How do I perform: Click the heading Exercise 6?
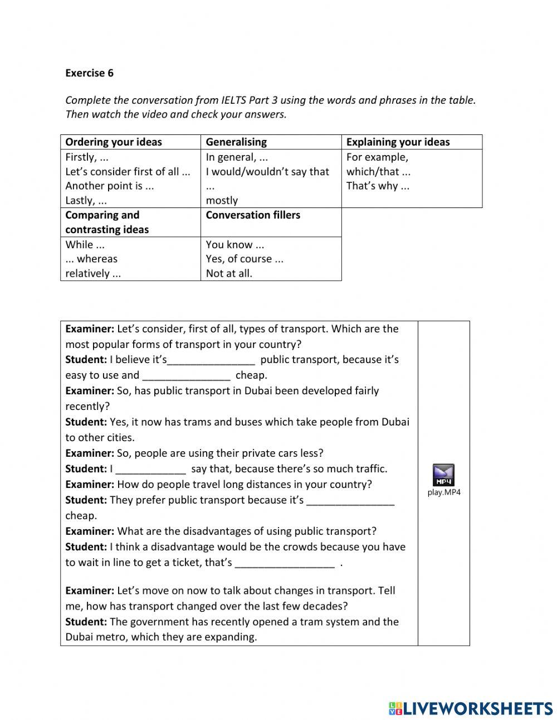pos(89,73)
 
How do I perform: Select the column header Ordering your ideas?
pos(114,142)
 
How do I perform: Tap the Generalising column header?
pos(236,142)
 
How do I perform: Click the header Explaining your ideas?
pos(398,142)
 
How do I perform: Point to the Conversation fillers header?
pos(253,215)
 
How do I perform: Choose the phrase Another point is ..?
pos(110,186)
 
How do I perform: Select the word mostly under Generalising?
pos(222,200)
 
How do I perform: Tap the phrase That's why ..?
pos(378,186)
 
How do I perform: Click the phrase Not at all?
pos(229,273)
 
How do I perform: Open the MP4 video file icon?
pos(444,475)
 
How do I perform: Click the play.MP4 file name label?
pos(444,492)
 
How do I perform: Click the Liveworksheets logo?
pos(470,708)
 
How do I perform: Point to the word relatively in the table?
pos(93,273)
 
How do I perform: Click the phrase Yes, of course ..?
pos(245,259)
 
